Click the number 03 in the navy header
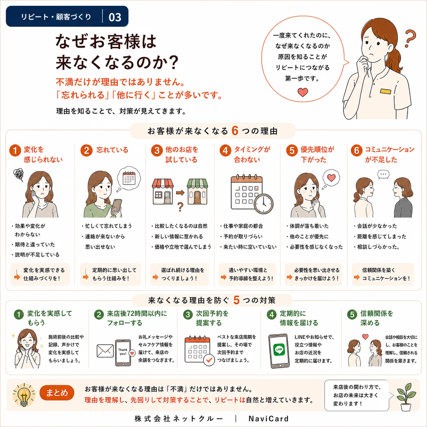pos(115,17)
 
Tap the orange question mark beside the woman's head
pos(410,38)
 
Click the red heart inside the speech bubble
pos(303,92)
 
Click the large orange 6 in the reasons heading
pos(235,130)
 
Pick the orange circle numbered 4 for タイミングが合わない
pos(225,151)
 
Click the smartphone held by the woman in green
pos(117,207)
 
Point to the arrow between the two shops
pos(180,193)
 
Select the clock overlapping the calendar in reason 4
pos(264,204)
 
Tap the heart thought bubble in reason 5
pos(331,178)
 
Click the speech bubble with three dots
pos(383,174)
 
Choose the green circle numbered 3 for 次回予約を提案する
pos(188,315)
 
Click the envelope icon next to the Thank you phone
pos(105,351)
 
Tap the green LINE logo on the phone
pos(279,349)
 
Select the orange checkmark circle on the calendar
pos(209,360)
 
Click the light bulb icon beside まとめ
pos(24,395)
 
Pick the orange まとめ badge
pos(57,393)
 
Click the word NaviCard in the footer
pos(269,418)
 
